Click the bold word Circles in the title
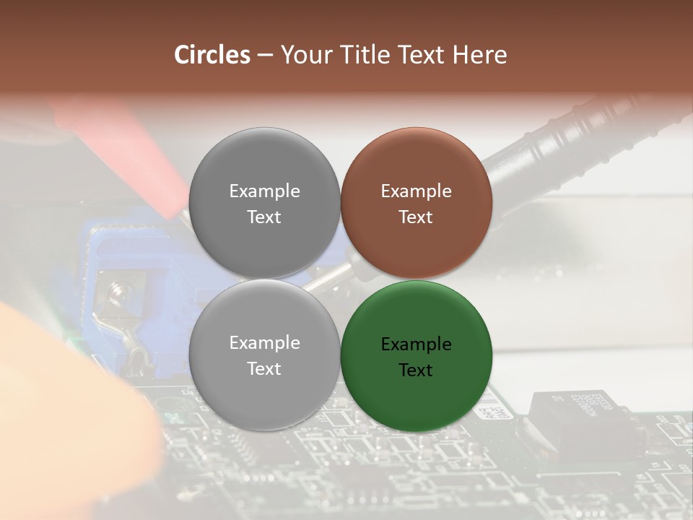(212, 55)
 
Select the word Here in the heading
(479, 55)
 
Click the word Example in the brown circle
(416, 191)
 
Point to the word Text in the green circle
(416, 370)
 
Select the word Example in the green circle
(416, 344)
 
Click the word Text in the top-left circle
(264, 217)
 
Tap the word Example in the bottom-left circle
(264, 343)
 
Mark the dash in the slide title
(265, 55)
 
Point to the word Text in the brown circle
(416, 217)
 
